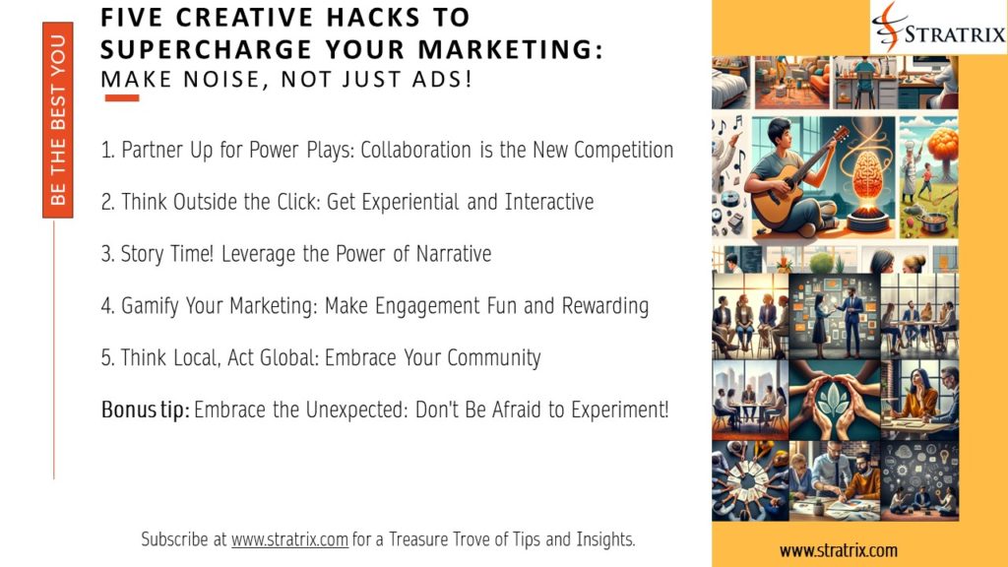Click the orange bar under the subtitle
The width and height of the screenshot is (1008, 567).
tap(121, 98)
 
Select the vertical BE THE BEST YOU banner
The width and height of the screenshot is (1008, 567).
tap(58, 120)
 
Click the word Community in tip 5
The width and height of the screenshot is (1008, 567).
tap(494, 357)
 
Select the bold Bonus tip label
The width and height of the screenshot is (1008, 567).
tap(146, 409)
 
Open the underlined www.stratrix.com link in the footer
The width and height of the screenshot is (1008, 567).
tap(289, 539)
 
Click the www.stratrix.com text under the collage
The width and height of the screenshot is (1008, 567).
tap(839, 550)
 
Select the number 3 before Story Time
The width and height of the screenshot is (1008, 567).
tap(106, 254)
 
